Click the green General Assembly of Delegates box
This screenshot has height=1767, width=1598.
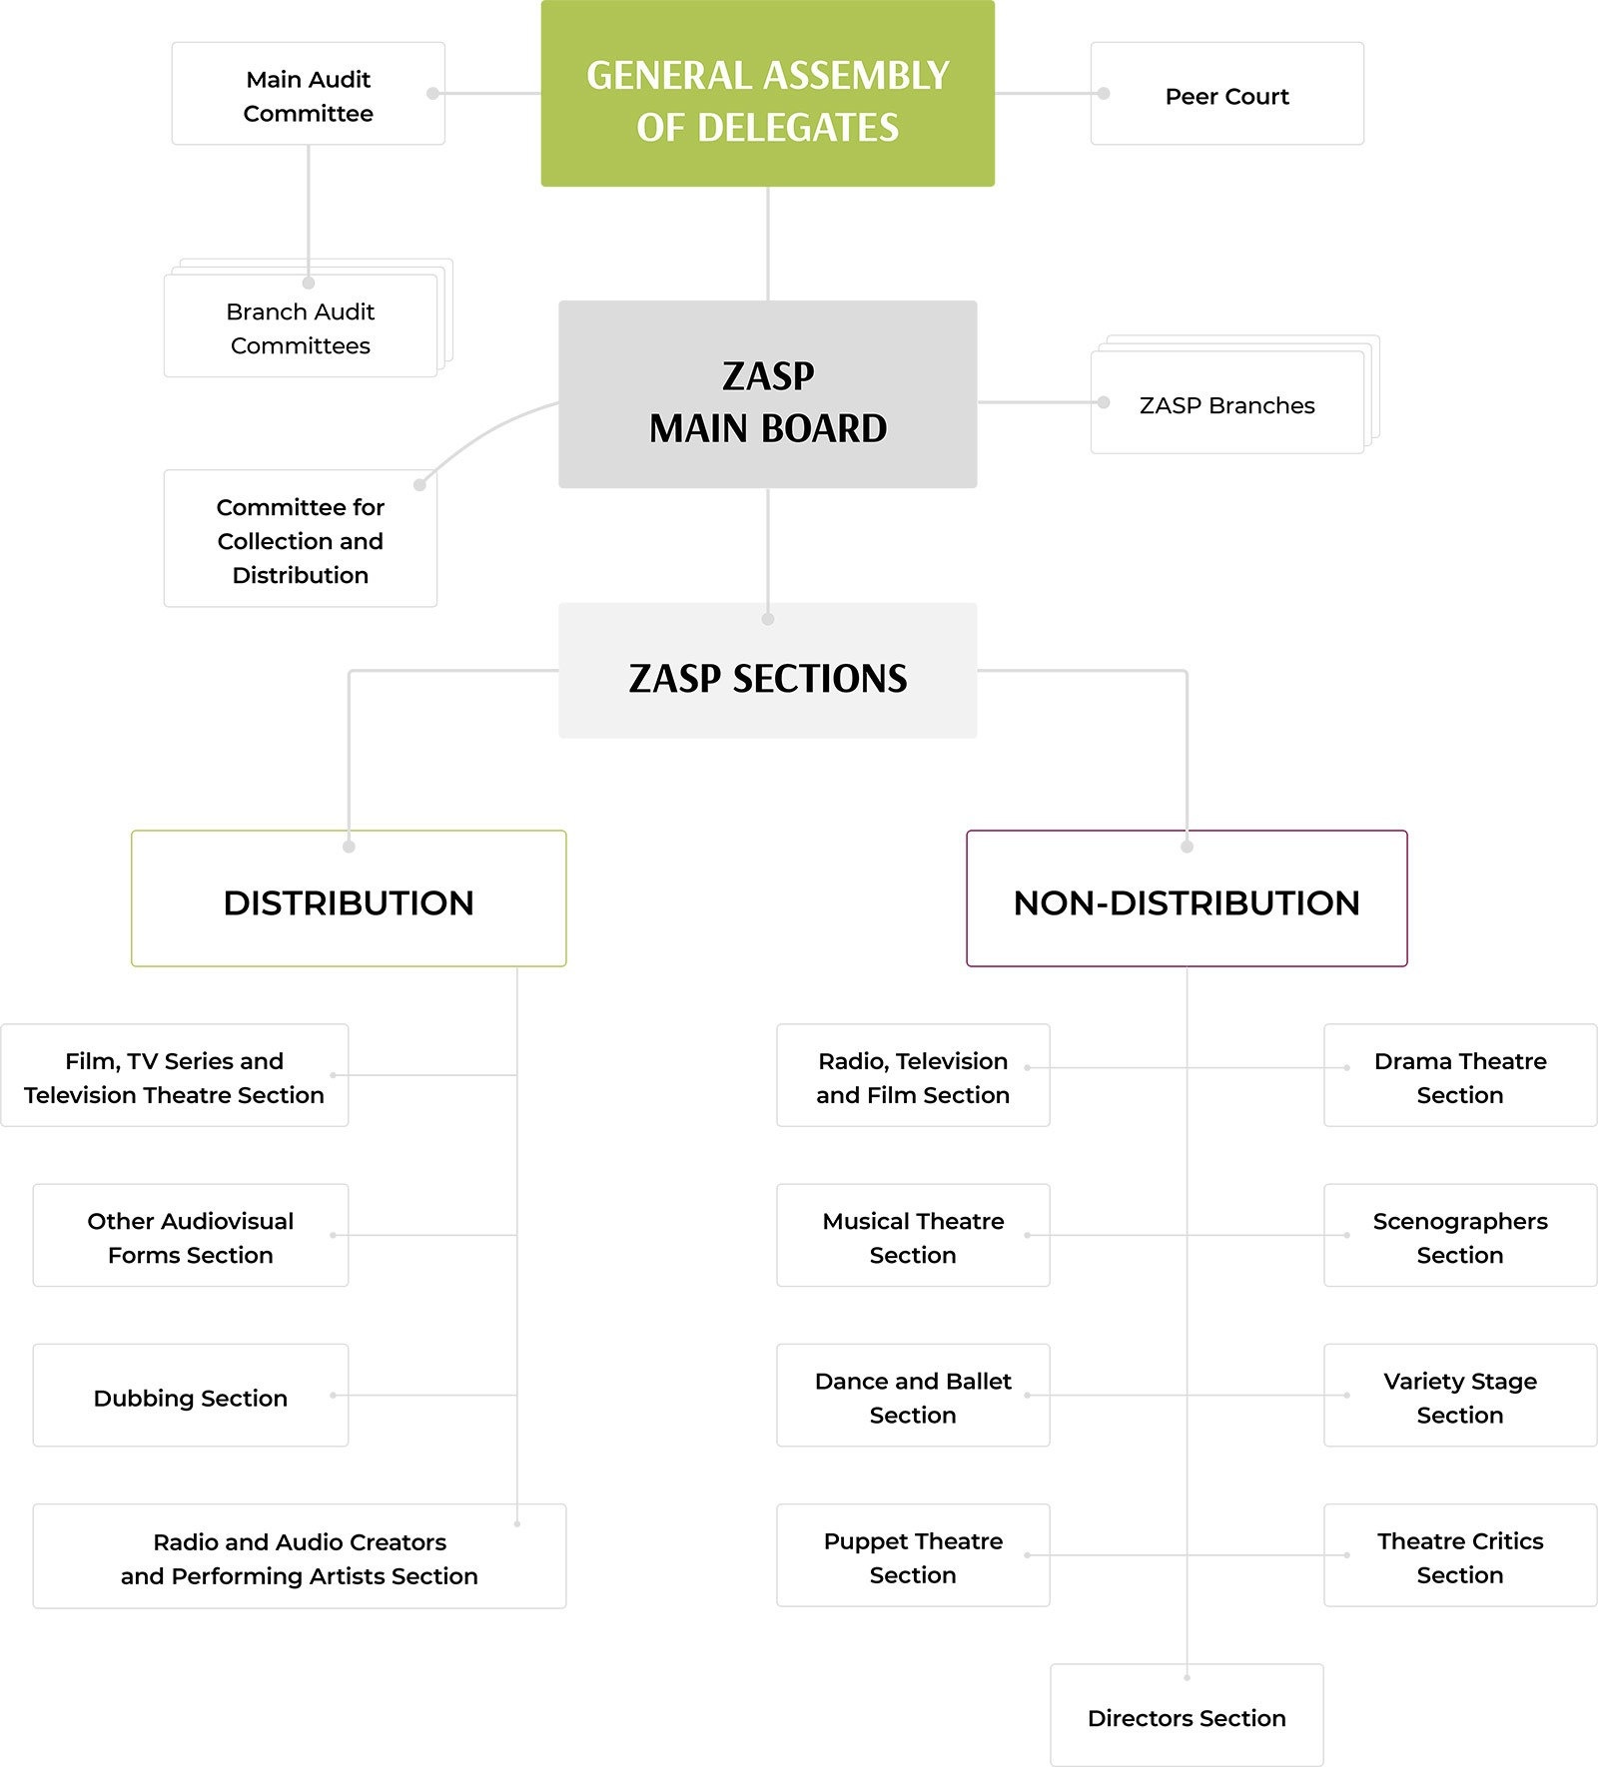click(x=767, y=94)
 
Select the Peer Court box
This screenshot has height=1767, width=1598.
click(x=1226, y=95)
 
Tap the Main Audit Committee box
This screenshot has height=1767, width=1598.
click(x=308, y=95)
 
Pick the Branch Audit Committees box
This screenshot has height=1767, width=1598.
click(x=300, y=327)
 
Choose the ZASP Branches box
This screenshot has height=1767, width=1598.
click(x=1226, y=404)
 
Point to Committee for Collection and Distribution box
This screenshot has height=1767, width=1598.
click(x=300, y=540)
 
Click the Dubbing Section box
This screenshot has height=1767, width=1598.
click(x=190, y=1397)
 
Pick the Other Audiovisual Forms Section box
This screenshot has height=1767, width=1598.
click(x=190, y=1237)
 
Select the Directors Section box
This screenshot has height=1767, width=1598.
click(x=1187, y=1717)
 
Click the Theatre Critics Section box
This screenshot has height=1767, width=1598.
click(x=1459, y=1556)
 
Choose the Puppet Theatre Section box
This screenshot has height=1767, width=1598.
click(x=913, y=1556)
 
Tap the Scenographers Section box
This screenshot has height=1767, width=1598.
click(x=1459, y=1237)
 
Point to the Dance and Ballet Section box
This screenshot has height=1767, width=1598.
click(x=913, y=1397)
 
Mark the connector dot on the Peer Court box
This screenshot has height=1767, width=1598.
click(x=1104, y=94)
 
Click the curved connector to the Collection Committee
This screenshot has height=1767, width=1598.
click(x=480, y=434)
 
